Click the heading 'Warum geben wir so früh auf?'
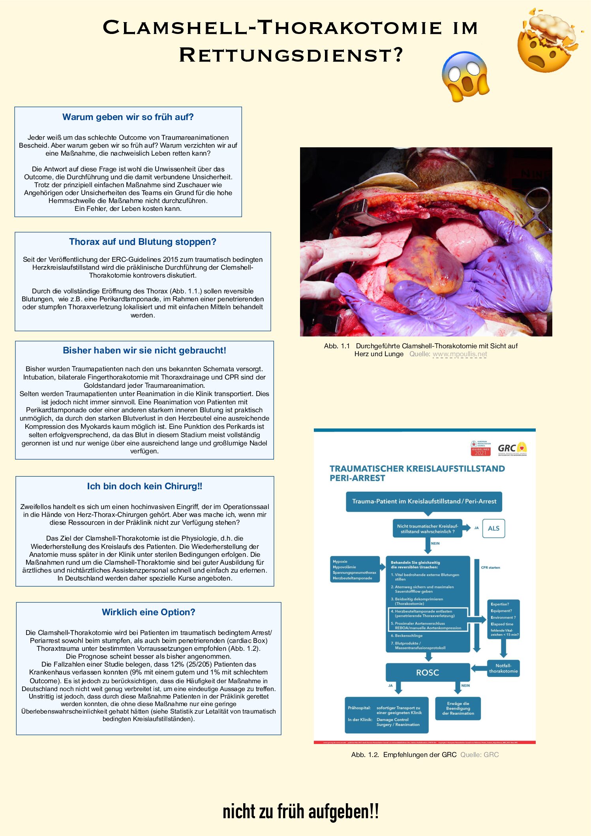point(128,117)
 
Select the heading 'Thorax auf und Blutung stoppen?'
point(143,242)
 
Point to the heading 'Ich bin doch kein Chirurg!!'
point(144,487)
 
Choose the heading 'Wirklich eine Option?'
point(148,612)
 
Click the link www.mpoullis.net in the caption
point(460,354)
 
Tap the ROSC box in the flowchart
point(428,673)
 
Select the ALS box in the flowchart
point(493,528)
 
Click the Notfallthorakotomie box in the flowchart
point(503,668)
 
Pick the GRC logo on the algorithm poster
point(512,448)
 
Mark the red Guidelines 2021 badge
point(480,449)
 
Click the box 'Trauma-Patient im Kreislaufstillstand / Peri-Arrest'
point(424,502)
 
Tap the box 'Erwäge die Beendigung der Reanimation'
point(458,708)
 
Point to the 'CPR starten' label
point(490,567)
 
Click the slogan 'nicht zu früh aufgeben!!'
point(300,812)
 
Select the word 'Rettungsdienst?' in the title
point(291,55)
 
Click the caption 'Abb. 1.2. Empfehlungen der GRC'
point(403,755)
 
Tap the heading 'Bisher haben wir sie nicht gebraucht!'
point(144,351)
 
